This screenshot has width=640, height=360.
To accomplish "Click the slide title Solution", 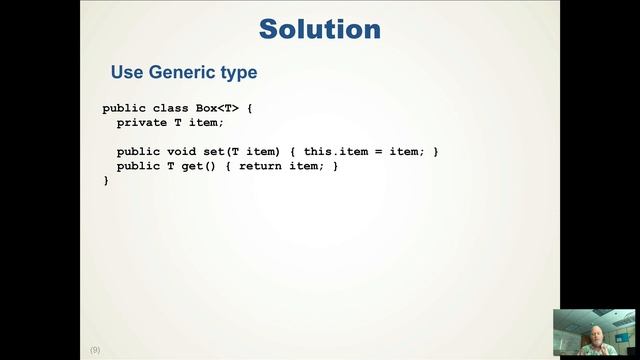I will click(x=320, y=28).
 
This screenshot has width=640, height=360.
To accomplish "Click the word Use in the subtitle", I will click(x=127, y=73).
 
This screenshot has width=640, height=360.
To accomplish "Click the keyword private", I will click(x=141, y=122).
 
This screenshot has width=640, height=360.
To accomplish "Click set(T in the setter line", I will click(x=230, y=151).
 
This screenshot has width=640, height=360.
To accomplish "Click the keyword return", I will click(x=260, y=166).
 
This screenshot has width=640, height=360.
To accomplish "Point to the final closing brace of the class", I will click(x=106, y=180).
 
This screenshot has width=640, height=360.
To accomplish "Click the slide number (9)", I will click(x=95, y=350).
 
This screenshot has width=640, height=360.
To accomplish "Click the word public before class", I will click(x=124, y=108).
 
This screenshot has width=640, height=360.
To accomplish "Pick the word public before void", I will click(x=138, y=151).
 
